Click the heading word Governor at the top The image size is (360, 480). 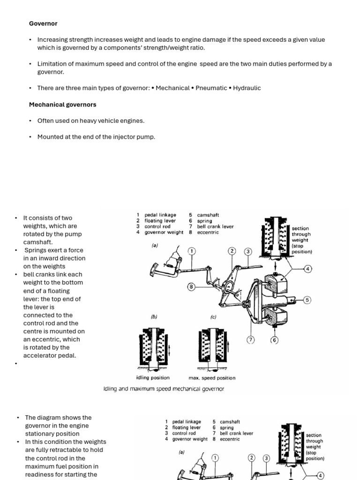(x=43, y=23)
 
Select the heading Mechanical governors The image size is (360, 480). (x=62, y=105)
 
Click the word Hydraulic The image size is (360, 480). (x=247, y=88)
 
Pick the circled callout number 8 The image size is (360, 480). (x=191, y=286)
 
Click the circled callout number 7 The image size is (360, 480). (x=251, y=340)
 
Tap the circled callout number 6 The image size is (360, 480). (x=275, y=340)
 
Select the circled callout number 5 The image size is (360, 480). (x=307, y=300)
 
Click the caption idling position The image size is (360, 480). (x=153, y=378)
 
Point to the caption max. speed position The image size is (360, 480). (x=212, y=378)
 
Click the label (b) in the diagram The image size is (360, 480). (x=154, y=317)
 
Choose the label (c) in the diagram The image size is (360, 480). (x=213, y=317)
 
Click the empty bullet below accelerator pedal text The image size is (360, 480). (x=16, y=364)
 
